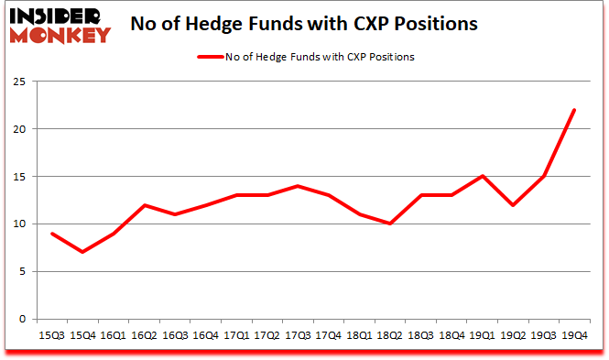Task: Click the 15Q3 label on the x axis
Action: (51, 336)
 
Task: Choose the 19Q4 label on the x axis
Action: (574, 336)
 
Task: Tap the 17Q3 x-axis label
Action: (298, 336)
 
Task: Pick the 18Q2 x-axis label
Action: (389, 336)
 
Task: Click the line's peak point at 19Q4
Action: (574, 110)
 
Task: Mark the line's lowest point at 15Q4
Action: (82, 252)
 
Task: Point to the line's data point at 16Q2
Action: (144, 204)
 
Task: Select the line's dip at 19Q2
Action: (513, 204)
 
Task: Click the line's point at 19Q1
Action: (482, 176)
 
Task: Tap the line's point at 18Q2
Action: (389, 224)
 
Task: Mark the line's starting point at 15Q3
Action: (51, 233)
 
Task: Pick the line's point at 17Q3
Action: (298, 186)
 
